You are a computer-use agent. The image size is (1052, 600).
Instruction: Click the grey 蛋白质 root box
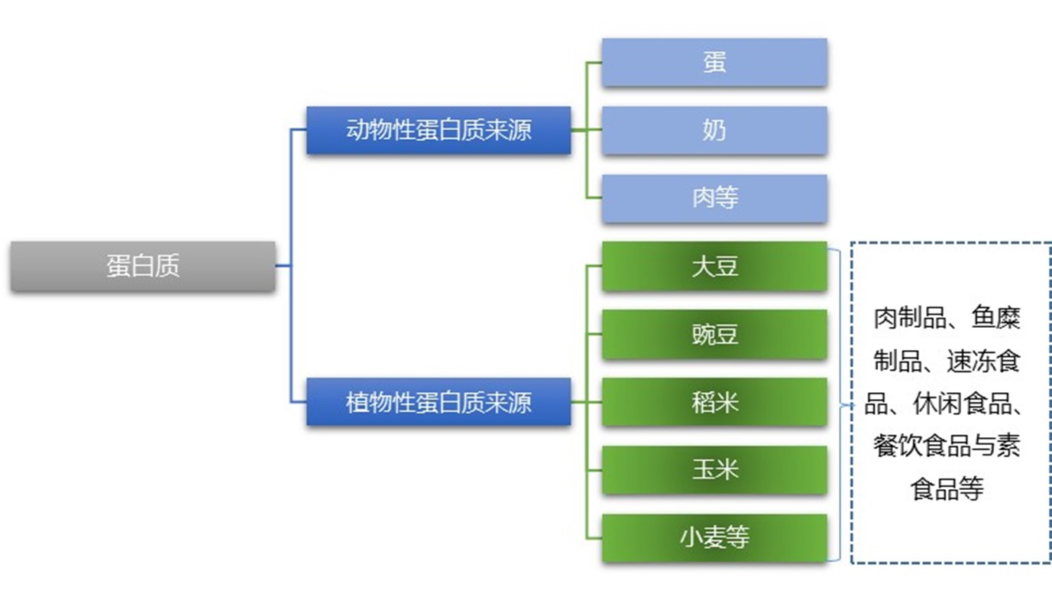(x=143, y=266)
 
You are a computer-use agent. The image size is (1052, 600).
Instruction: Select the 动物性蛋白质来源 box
(x=439, y=130)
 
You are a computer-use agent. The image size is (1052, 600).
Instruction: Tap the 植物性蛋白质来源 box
(x=439, y=401)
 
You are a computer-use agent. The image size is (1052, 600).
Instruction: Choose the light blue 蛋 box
(x=714, y=63)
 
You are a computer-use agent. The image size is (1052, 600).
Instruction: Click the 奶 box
(x=714, y=131)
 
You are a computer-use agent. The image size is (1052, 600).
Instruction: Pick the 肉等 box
(x=714, y=199)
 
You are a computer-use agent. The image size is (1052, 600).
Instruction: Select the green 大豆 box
(x=714, y=267)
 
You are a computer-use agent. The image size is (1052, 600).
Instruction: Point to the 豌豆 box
(x=714, y=334)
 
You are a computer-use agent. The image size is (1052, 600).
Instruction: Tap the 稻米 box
(x=714, y=401)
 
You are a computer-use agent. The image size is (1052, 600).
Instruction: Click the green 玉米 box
(x=714, y=469)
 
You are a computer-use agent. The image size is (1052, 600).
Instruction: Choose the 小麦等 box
(x=714, y=537)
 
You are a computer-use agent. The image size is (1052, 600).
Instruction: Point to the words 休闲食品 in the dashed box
(x=961, y=404)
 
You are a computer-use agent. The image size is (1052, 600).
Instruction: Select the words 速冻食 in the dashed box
(x=982, y=361)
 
